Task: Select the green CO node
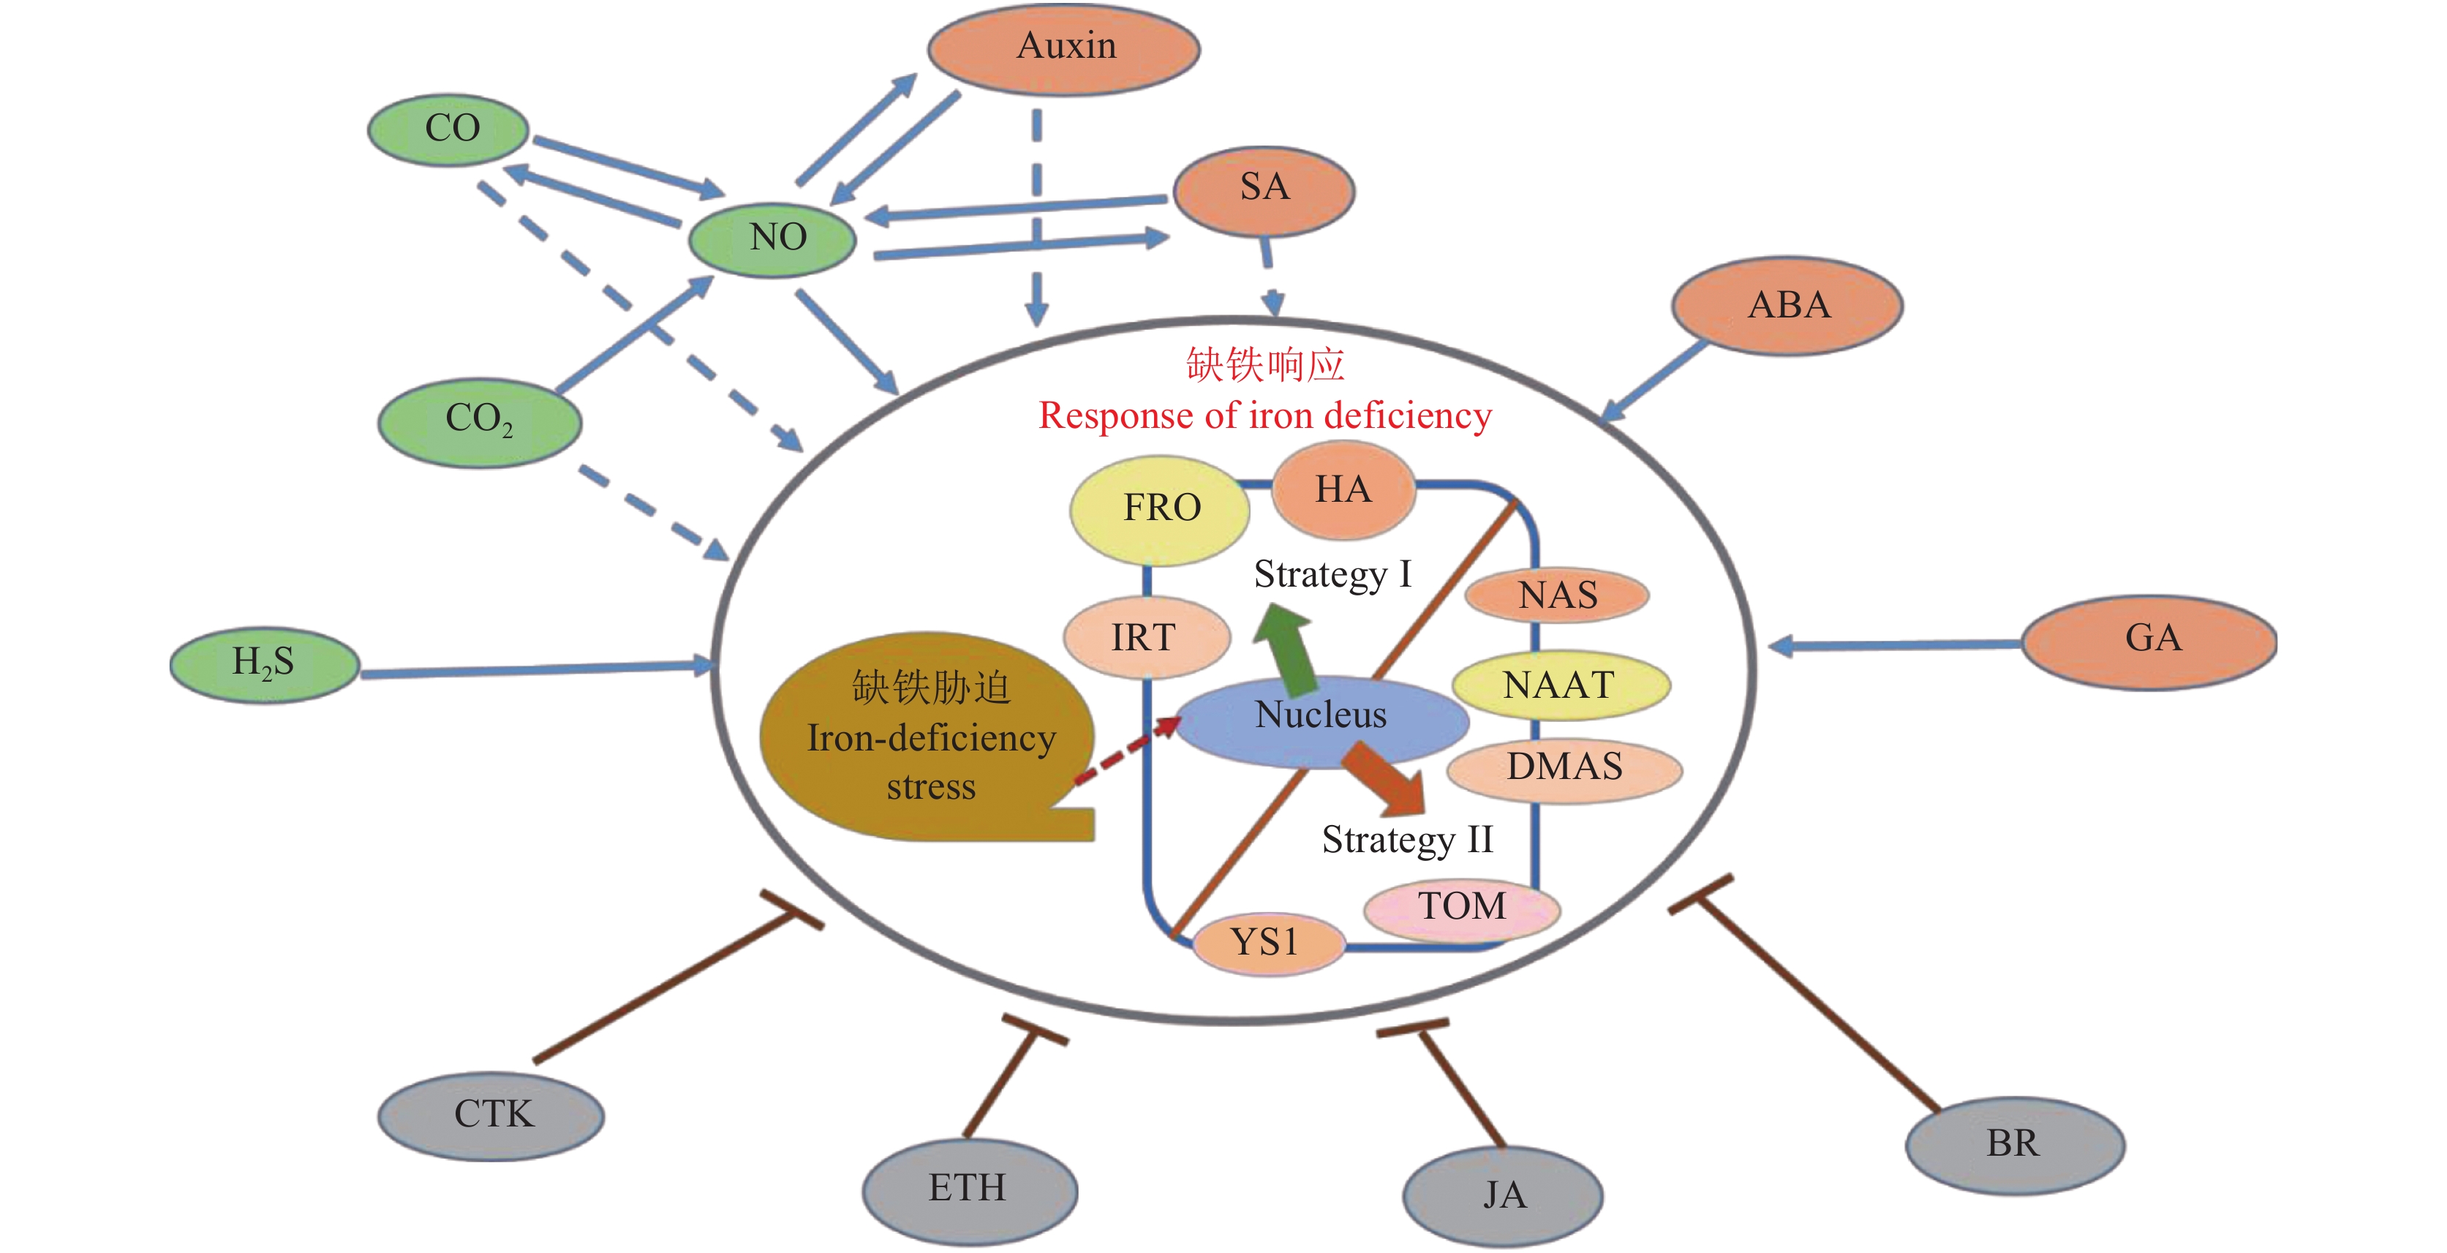tap(448, 129)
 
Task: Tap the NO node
tap(773, 238)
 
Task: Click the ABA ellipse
tap(1787, 306)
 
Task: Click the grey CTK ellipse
tap(491, 1114)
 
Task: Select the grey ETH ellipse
tap(969, 1189)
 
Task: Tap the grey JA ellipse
tap(1504, 1195)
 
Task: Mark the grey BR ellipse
tap(2014, 1144)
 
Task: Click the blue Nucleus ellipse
tap(1320, 720)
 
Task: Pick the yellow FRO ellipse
tap(1160, 509)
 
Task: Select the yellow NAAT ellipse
tap(1560, 685)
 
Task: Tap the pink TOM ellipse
tap(1461, 907)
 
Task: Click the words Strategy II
tap(1407, 840)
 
